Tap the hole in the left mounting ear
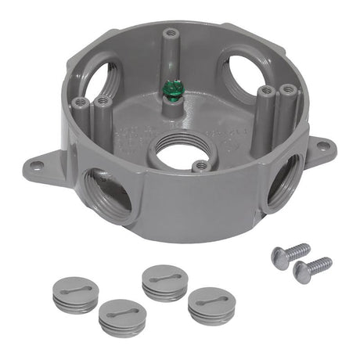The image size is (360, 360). click(x=36, y=164)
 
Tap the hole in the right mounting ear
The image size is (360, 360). click(x=321, y=145)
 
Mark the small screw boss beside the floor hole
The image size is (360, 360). click(x=201, y=166)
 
